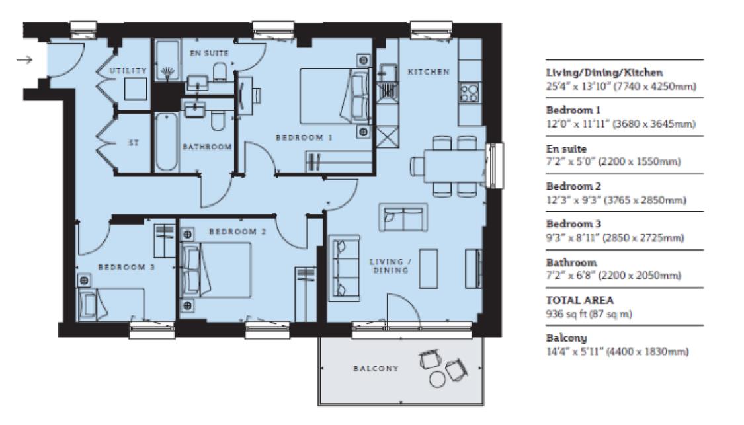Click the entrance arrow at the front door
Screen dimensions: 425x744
coord(24,60)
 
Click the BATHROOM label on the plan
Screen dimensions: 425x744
coord(207,147)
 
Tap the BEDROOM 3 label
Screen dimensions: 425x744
coord(126,267)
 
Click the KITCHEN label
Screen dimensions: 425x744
coord(428,71)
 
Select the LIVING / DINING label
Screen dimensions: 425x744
coord(390,266)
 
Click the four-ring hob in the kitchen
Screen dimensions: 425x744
coord(469,93)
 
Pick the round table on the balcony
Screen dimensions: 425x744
coord(437,379)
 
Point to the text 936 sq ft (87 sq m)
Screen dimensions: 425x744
coord(589,314)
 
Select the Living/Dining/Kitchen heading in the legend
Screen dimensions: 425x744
coord(604,73)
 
